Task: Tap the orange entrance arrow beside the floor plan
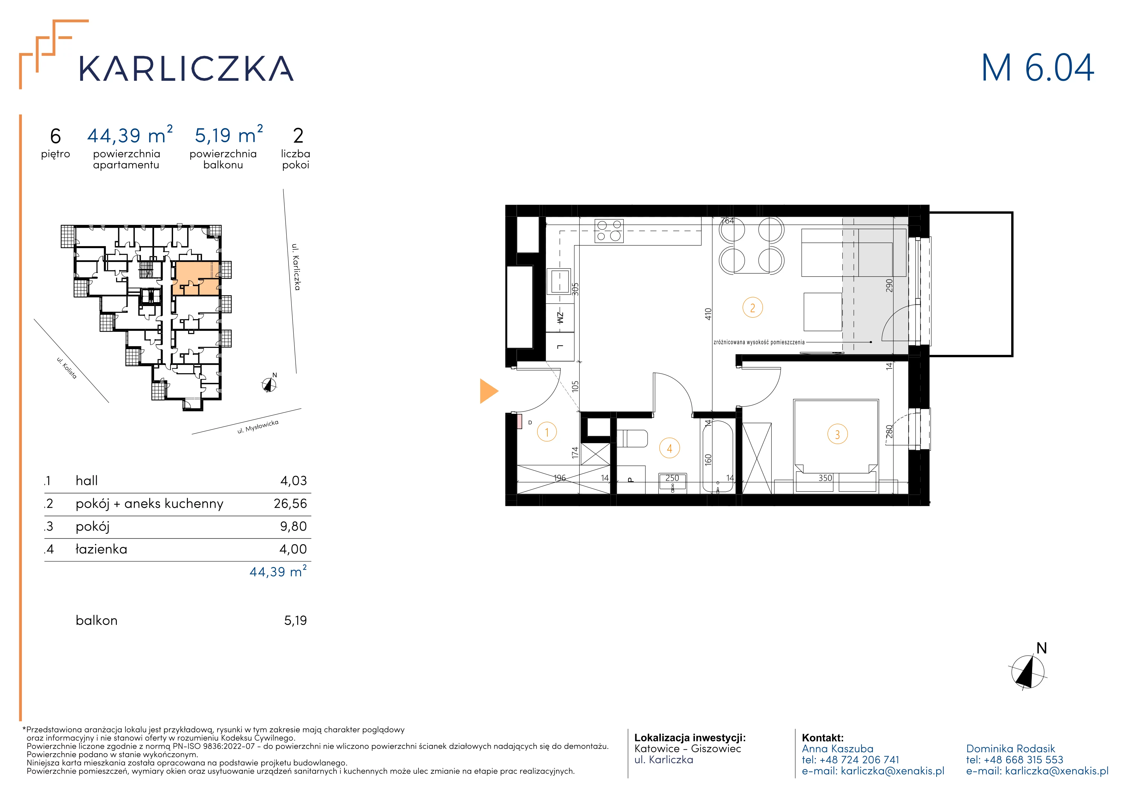[489, 391]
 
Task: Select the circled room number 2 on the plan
[752, 308]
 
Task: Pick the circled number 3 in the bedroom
[837, 434]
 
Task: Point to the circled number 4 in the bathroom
[669, 448]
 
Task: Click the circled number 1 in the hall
[547, 432]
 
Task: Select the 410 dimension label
[708, 314]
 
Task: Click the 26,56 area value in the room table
[290, 504]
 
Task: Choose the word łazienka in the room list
[101, 549]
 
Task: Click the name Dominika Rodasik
[1011, 748]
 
